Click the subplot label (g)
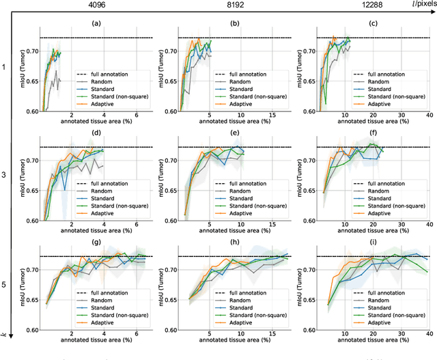click(98, 243)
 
